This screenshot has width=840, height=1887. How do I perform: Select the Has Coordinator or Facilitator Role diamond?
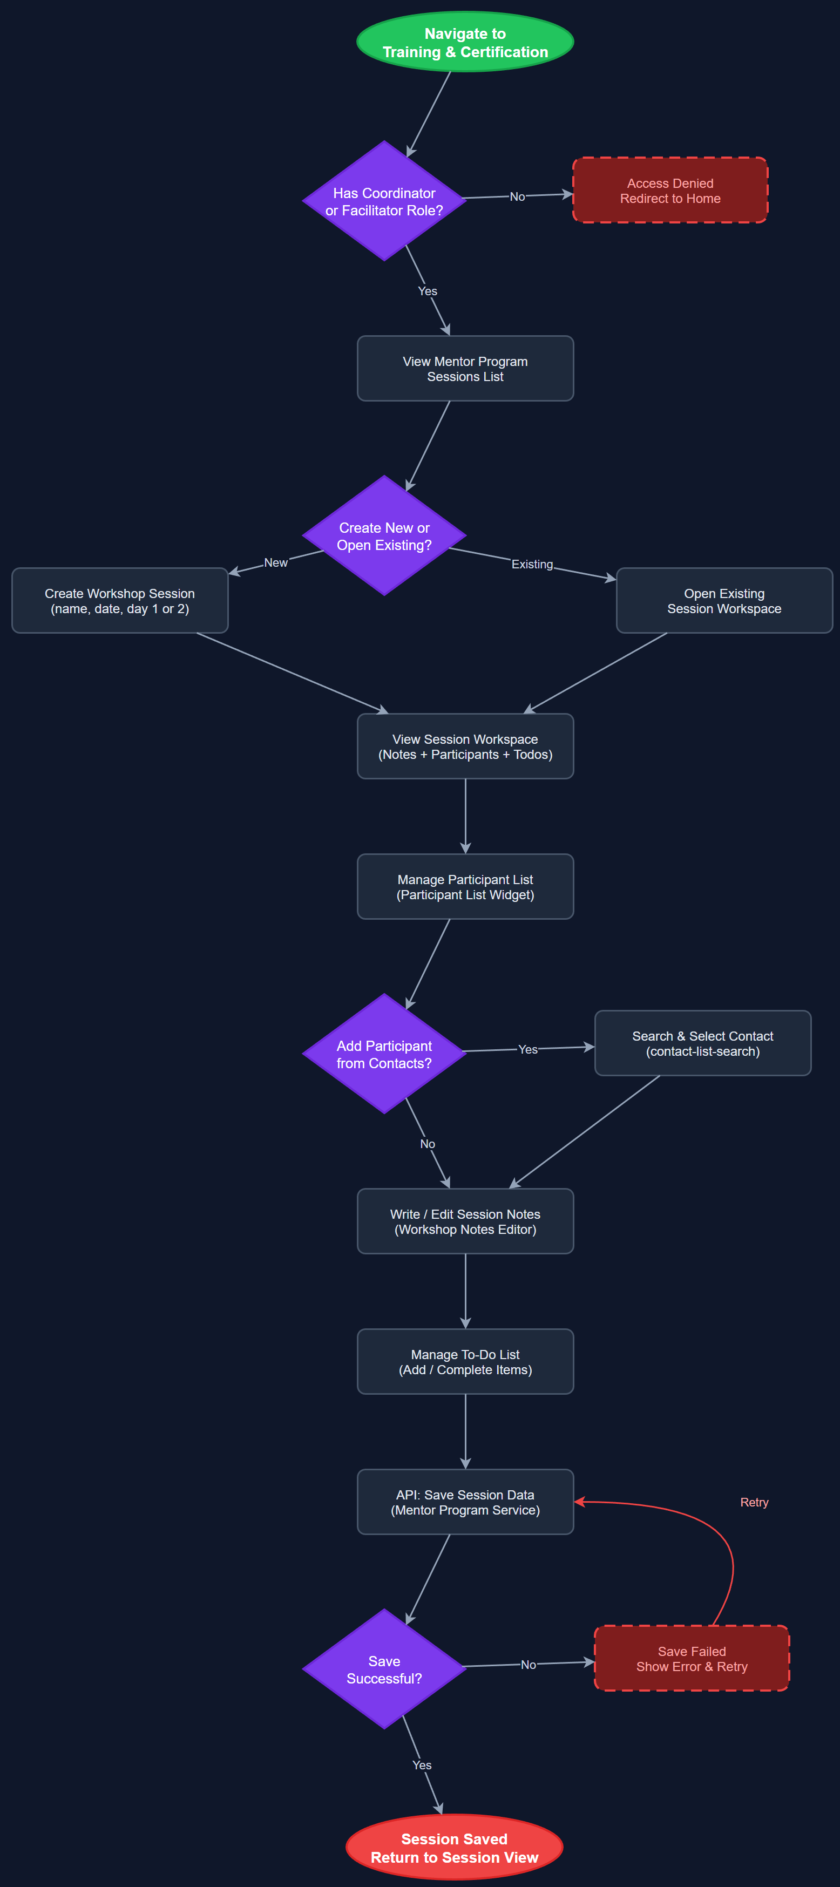point(384,201)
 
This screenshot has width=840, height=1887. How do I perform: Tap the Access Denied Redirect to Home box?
point(670,191)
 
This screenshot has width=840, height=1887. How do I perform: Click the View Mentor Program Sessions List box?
point(465,369)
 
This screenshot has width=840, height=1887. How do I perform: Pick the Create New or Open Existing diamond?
point(384,535)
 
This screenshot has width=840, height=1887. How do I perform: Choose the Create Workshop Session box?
point(120,601)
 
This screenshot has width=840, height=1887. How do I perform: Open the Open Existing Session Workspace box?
point(724,601)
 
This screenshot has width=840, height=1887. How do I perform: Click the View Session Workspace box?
point(465,746)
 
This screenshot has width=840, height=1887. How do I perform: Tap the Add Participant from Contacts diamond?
point(384,1054)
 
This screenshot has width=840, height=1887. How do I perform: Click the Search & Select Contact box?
point(702,1043)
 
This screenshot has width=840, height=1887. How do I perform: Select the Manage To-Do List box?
point(465,1362)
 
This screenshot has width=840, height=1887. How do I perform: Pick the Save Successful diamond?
point(384,1669)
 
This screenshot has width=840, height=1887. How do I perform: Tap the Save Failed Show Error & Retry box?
point(692,1659)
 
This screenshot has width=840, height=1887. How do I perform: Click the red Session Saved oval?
point(454,1848)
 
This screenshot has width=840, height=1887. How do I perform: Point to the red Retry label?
point(754,1503)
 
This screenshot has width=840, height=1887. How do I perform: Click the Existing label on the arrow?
point(532,564)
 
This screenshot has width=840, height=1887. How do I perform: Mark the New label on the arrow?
point(275,562)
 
